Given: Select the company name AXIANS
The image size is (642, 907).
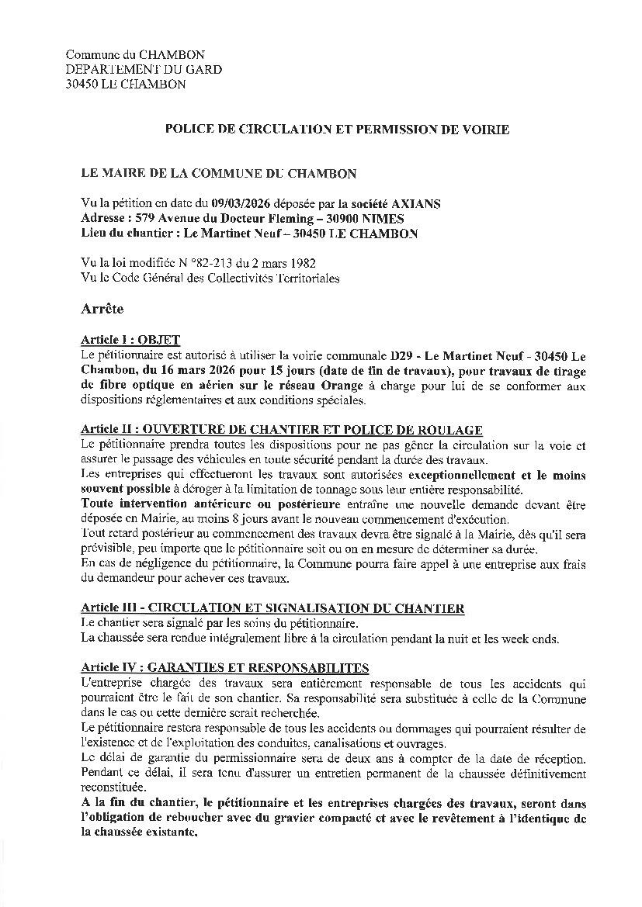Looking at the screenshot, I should point(419,204).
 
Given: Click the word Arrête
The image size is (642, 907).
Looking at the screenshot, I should point(102,309).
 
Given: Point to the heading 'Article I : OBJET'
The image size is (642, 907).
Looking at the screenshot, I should point(130,340).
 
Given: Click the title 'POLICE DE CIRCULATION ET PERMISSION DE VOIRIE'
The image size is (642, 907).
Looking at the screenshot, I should point(337,130).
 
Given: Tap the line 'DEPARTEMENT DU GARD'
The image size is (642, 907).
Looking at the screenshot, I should point(144,69).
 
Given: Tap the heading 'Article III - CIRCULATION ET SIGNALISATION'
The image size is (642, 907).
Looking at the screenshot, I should point(272,609).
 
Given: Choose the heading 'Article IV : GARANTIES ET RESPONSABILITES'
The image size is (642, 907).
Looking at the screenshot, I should point(224,668).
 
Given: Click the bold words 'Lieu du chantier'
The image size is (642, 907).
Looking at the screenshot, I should point(122,234).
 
